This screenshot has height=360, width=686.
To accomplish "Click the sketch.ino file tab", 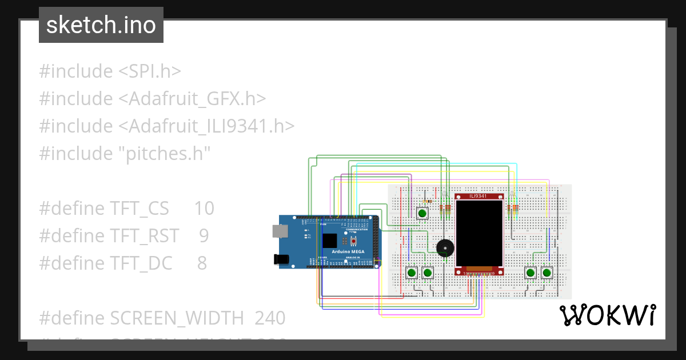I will [101, 25].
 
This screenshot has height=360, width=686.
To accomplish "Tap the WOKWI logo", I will [607, 315].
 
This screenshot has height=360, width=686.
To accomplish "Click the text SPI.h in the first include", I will [150, 71].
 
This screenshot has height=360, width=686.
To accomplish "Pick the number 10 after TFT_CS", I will [204, 209].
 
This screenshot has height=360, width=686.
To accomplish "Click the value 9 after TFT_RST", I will [204, 236].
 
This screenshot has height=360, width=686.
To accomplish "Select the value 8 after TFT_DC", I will [202, 263].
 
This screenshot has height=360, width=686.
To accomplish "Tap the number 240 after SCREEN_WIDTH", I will [270, 318].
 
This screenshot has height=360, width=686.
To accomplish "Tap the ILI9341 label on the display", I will [479, 196].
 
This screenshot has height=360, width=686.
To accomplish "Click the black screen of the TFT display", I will [479, 233].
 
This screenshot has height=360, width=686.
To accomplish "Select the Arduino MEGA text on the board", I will [349, 251].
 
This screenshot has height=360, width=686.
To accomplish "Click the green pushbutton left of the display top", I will [422, 213].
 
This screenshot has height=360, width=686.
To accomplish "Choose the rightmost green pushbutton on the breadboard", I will [547, 273].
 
